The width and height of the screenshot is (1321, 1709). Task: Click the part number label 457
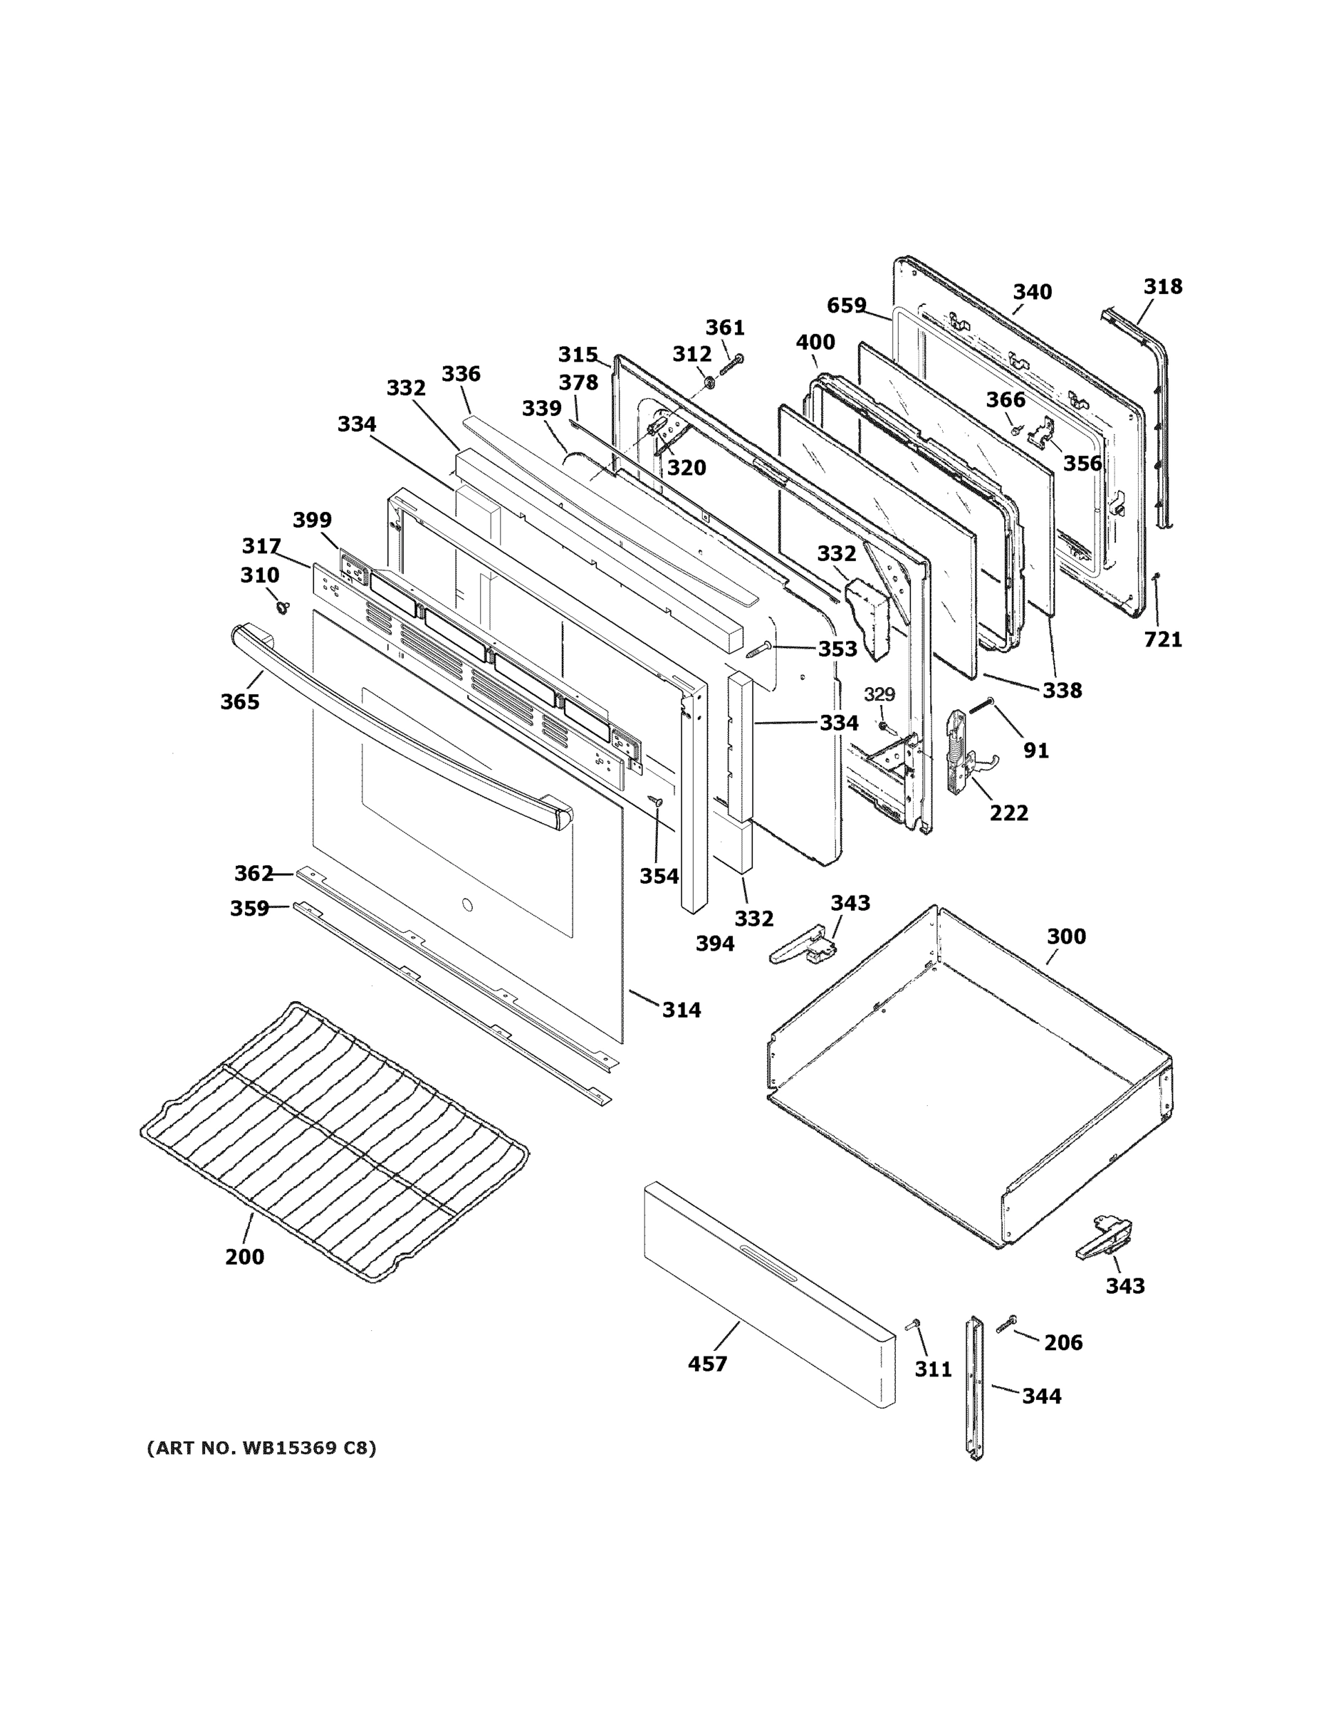coord(706,1363)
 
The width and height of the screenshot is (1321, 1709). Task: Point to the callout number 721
coord(1163,639)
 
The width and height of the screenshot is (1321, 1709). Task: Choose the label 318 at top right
coord(1163,286)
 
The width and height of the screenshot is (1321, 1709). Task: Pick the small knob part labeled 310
coord(280,607)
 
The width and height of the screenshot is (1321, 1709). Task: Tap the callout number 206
coord(1062,1343)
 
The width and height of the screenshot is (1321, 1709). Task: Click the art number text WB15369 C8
coord(261,1448)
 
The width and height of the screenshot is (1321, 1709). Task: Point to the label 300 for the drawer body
coord(1066,936)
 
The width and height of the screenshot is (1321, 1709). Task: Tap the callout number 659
coord(846,305)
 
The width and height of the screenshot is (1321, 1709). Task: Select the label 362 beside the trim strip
coord(254,873)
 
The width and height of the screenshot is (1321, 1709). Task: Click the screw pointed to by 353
coord(760,649)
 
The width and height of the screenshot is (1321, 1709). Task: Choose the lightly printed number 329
coord(879,694)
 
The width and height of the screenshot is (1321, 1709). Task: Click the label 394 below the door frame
coord(714,944)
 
